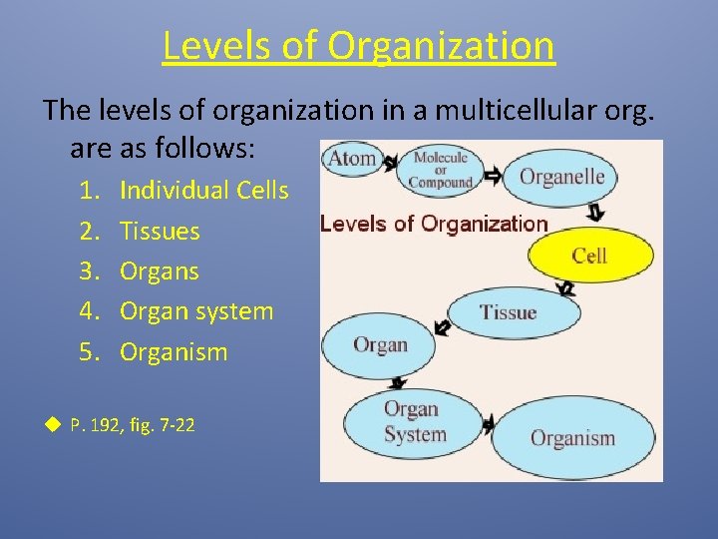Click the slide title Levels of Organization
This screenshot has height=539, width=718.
pyautogui.click(x=358, y=45)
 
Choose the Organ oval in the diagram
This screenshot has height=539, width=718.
pyautogui.click(x=379, y=345)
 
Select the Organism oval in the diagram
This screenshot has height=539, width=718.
pyautogui.click(x=572, y=437)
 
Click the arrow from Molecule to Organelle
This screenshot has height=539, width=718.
pyautogui.click(x=493, y=177)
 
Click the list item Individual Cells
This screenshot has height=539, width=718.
pyautogui.click(x=203, y=190)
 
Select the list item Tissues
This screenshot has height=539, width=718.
pyautogui.click(x=160, y=231)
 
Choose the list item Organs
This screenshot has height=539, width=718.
pyautogui.click(x=160, y=270)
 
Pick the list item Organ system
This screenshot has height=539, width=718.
pyautogui.click(x=195, y=310)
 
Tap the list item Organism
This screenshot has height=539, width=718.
pyautogui.click(x=174, y=351)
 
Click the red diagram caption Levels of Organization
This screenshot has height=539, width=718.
pyautogui.click(x=434, y=224)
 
